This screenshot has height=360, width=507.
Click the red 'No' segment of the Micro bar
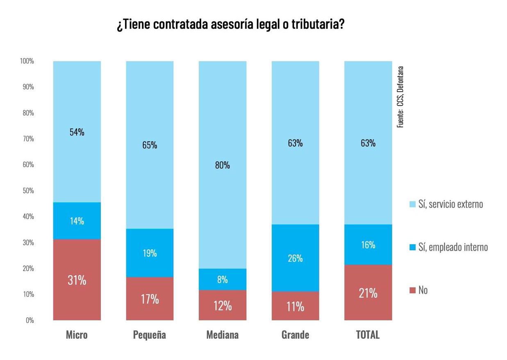click(77, 279)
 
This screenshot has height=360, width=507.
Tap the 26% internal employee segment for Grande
click(295, 258)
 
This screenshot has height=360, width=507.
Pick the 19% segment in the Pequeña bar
click(150, 253)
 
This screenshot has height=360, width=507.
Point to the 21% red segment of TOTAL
click(368, 292)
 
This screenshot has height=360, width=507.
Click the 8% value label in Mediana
click(223, 280)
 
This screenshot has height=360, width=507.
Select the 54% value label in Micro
click(77, 132)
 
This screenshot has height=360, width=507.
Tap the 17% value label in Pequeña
click(150, 299)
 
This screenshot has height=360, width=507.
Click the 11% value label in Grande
click(295, 306)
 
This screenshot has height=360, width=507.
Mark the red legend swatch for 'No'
click(412, 290)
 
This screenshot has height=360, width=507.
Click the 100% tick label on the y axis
click(27, 61)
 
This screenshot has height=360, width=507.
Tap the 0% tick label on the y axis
click(30, 320)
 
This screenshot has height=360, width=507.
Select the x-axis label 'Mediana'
click(223, 335)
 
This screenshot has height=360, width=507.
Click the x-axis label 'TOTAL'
click(368, 335)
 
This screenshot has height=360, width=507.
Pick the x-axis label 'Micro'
click(77, 335)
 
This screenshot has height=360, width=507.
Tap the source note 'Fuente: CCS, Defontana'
click(400, 97)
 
